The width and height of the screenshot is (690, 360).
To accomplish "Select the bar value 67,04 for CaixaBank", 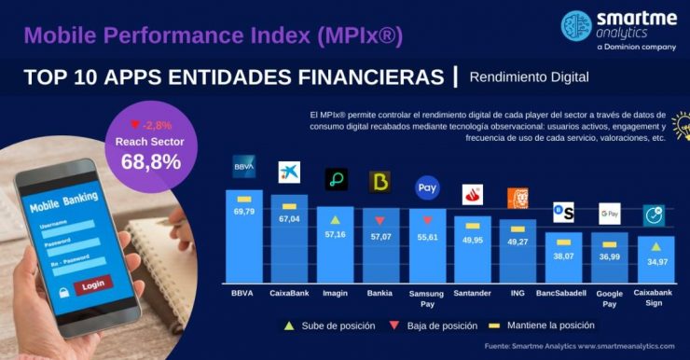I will point(289,219).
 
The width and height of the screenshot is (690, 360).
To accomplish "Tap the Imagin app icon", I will point(336,179).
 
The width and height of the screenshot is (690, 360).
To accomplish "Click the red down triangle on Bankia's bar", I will point(379,221).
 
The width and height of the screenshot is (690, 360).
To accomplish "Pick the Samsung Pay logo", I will point(427,187).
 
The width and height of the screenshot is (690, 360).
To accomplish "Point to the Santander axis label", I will point(473,293).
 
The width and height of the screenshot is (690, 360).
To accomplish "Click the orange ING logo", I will point(517,198).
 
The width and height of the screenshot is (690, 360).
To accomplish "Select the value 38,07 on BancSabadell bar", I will point(563,256).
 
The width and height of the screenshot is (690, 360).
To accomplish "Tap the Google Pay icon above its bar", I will point(609,214).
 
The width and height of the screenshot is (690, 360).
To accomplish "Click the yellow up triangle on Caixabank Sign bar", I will point(655,246).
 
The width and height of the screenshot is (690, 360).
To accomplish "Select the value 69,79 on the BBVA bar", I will point(243,212).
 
